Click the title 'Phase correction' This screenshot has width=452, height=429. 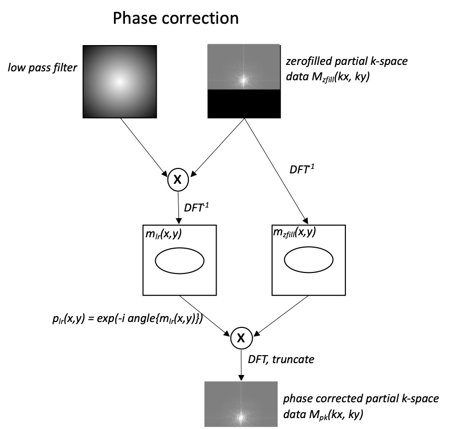click(x=175, y=18)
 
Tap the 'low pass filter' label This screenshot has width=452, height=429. click(x=43, y=68)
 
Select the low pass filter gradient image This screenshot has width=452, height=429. click(x=119, y=82)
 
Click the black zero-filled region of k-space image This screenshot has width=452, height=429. click(x=244, y=104)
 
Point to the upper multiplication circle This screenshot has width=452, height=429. click(x=178, y=179)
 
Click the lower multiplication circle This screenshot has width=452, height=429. click(x=241, y=338)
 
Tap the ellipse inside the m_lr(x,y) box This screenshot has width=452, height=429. click(x=179, y=261)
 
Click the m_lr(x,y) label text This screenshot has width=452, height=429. click(x=164, y=234)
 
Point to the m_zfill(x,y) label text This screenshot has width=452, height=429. click(x=294, y=232)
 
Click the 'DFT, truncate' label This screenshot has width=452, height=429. click(x=281, y=359)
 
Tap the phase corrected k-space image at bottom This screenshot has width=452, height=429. click(x=241, y=404)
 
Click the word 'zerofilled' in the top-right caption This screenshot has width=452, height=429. click(x=308, y=61)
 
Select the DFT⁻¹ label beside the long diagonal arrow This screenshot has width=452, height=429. click(x=302, y=169)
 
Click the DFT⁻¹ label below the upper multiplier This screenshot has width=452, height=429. click(x=196, y=207)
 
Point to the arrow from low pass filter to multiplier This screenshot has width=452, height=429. click(x=144, y=147)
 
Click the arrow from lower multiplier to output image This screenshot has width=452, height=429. click(x=241, y=365)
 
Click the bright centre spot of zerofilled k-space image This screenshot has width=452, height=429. click(x=243, y=80)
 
